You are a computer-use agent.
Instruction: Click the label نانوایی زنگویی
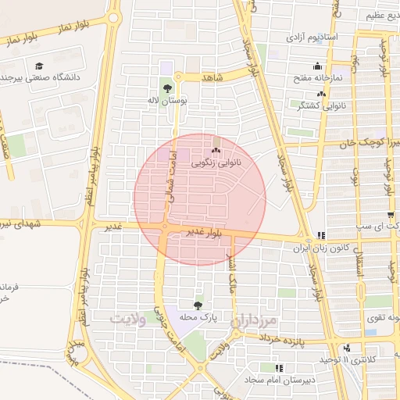point(217,163)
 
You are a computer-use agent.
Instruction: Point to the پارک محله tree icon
point(197,305)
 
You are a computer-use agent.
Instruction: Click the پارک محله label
point(197,318)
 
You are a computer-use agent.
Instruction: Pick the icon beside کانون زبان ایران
point(321,235)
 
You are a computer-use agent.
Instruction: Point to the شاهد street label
point(212,78)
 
